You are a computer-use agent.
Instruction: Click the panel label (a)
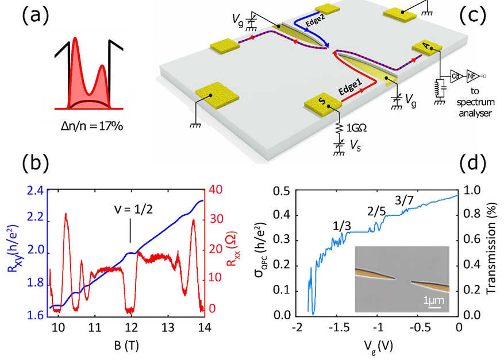36,16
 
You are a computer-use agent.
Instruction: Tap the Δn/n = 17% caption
92,126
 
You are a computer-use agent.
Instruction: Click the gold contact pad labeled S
323,103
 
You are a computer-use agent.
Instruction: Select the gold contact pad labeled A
427,48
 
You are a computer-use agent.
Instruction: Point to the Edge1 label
351,88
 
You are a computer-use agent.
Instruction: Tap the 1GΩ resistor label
356,128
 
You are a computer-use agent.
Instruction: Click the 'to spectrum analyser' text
475,102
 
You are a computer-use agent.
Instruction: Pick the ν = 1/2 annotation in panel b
133,210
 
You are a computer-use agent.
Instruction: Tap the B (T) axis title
126,346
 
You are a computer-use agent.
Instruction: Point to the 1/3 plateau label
342,226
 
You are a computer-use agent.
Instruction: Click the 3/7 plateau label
404,201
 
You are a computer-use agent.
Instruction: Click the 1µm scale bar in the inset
434,307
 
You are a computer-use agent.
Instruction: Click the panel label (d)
473,163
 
